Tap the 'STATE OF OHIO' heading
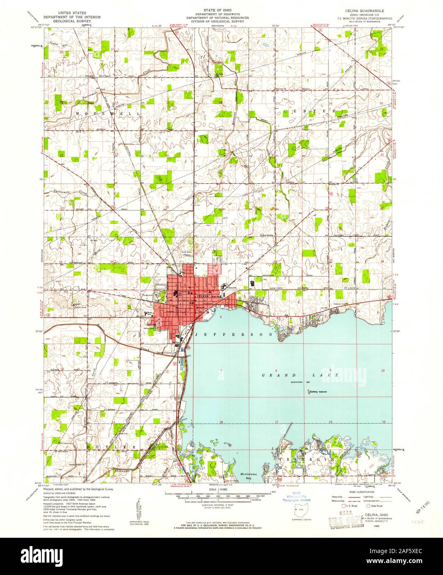click(x=217, y=9)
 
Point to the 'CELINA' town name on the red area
click(x=203, y=297)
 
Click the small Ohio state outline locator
click(x=297, y=509)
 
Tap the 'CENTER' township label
click(x=307, y=112)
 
